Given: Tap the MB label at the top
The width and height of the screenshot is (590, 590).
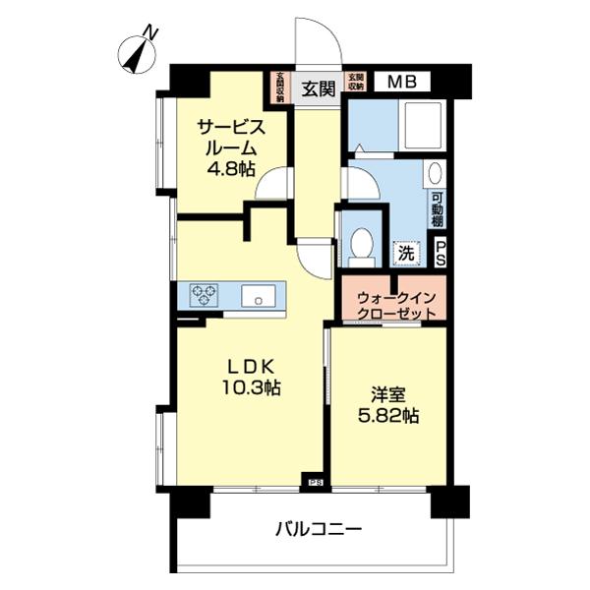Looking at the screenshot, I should point(399,82).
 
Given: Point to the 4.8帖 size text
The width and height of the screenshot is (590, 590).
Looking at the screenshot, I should point(231,168).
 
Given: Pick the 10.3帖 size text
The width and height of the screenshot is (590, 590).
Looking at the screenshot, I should point(252,387).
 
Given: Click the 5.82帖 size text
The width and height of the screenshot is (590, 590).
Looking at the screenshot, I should point(387,416).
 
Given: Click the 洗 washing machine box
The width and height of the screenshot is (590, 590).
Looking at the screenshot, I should point(405,252).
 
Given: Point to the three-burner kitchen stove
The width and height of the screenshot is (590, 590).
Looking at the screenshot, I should point(205,292).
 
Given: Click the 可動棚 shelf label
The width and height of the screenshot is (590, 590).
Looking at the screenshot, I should point(437,210).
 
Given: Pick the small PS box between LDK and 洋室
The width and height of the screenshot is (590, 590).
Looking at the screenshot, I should point(315,482).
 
